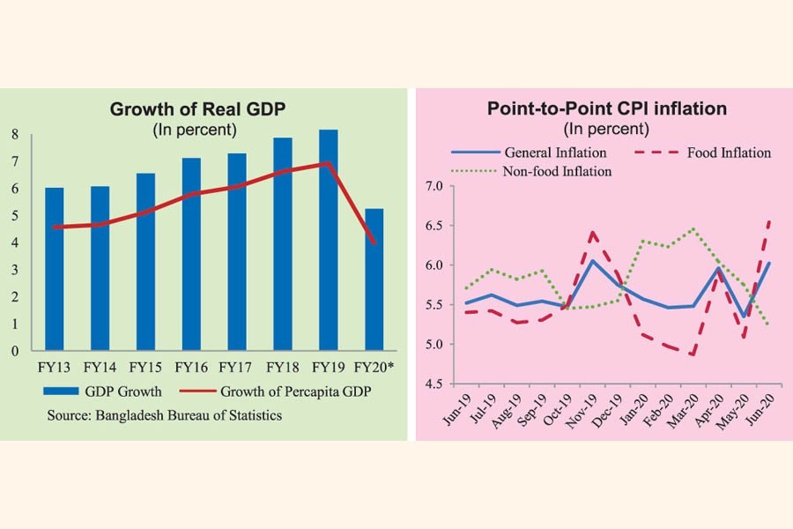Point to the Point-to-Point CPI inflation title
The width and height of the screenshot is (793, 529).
pyautogui.click(x=607, y=109)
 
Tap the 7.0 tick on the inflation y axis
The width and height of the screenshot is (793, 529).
pyautogui.click(x=432, y=186)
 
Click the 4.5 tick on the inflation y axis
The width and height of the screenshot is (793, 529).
pyautogui.click(x=432, y=383)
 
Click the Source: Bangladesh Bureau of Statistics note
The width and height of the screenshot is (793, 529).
pyautogui.click(x=164, y=415)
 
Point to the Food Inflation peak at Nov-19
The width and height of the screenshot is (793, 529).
pyautogui.click(x=593, y=232)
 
